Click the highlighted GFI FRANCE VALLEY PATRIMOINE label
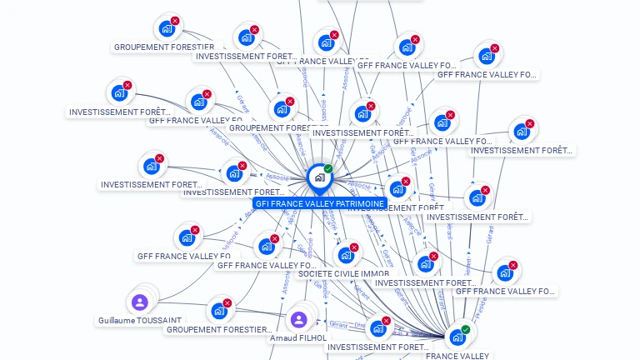click(320, 203)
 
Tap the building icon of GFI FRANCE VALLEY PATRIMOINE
click(319, 177)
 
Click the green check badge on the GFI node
click(328, 169)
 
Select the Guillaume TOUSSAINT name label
click(140, 320)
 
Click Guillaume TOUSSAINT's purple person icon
click(140, 302)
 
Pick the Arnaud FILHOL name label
click(298, 337)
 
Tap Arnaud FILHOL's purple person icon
click(298, 319)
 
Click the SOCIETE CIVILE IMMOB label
click(344, 273)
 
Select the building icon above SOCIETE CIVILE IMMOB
click(345, 255)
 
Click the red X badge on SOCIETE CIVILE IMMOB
click(354, 247)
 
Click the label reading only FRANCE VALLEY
click(457, 356)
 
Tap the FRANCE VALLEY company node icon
click(457, 337)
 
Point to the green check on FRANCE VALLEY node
click(466, 330)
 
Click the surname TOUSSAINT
click(161, 320)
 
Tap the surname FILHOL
click(313, 337)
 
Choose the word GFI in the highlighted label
click(262, 203)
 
